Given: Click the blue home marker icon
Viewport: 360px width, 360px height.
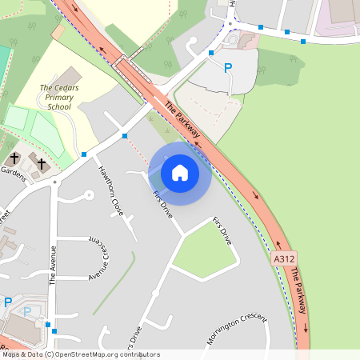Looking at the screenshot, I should tap(180, 172).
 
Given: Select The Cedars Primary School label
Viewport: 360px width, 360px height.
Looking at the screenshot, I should tap(57, 97).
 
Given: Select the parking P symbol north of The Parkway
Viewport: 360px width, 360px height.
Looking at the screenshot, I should tap(228, 69).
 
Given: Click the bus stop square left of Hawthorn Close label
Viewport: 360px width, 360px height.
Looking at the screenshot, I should tap(84, 154).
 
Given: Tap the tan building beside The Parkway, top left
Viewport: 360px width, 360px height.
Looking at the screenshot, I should tap(58, 31).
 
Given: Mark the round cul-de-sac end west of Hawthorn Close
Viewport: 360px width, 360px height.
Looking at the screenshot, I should tap(87, 194).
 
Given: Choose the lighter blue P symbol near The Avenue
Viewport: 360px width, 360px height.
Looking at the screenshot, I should tap(26, 311).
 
